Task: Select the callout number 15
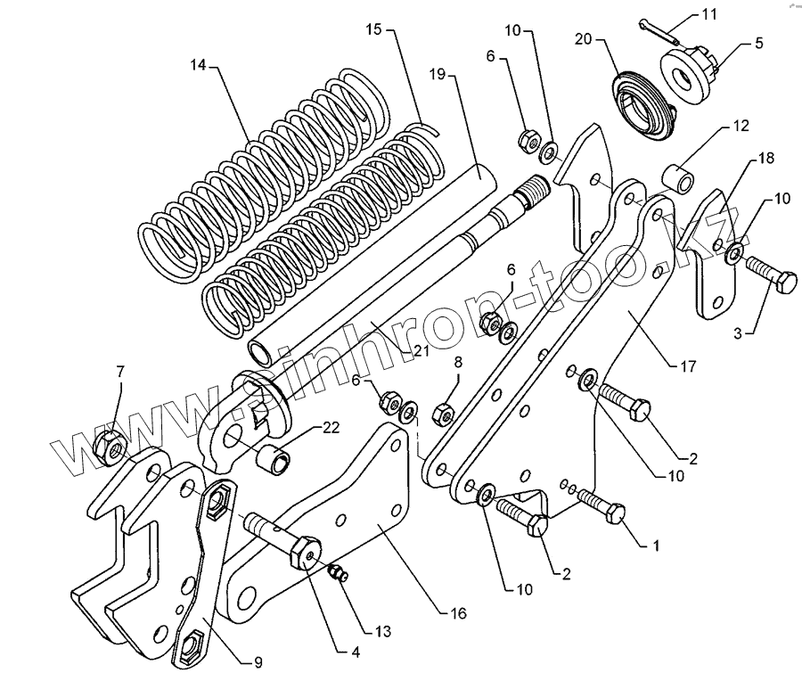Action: coord(372,30)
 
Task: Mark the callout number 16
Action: coord(457,614)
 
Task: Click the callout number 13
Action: coord(382,632)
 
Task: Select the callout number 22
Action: coord(331,429)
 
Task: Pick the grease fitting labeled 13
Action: coord(338,574)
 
